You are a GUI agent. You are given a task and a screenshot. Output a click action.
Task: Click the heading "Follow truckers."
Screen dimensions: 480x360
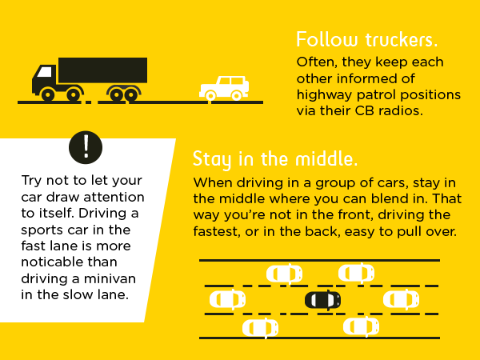coord(366,40)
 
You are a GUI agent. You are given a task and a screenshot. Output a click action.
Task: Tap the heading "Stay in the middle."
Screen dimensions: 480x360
coord(275,159)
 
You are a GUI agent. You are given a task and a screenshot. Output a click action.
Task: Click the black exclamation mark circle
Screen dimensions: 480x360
coord(86,147)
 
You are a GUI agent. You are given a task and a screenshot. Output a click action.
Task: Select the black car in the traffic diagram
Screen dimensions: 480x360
coord(322,300)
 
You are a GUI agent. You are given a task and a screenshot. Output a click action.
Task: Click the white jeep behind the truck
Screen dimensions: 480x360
coord(224,88)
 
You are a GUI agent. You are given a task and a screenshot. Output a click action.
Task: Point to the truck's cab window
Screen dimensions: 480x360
coord(45,72)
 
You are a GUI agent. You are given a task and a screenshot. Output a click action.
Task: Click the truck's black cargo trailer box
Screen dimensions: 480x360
coord(103,70)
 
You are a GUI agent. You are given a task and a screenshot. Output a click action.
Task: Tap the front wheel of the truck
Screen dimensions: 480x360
coord(48,95)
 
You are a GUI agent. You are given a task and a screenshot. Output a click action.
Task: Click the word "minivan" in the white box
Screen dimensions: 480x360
coord(110,278)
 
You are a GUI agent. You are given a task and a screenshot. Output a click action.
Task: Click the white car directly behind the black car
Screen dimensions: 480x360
coord(227,299)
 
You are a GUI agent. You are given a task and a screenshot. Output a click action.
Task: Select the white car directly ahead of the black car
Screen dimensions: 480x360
coord(401,299)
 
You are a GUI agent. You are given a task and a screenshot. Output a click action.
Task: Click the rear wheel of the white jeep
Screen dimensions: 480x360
coord(236,96)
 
